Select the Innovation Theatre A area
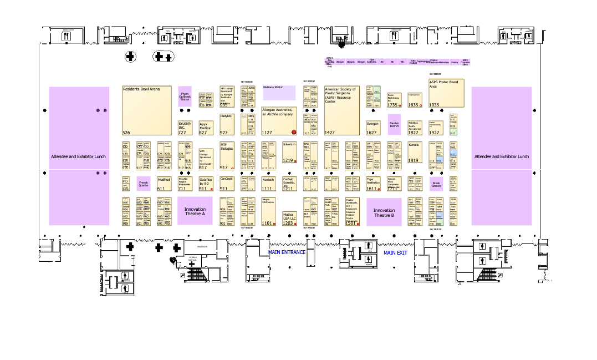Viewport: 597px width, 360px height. [x=195, y=211]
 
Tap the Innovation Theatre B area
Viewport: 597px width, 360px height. [x=384, y=212]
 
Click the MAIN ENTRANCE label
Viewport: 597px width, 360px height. [x=287, y=252]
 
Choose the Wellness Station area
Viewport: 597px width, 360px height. [x=279, y=92]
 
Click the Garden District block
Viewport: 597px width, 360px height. [x=394, y=124]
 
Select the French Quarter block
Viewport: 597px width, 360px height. [x=144, y=184]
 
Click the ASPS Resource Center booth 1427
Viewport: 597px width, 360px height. [x=341, y=110]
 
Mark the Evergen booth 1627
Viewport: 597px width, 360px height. [x=373, y=128]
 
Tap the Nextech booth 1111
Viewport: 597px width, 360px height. [x=268, y=184]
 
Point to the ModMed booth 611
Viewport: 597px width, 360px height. [x=164, y=184]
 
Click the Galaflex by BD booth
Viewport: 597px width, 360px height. [x=206, y=184]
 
